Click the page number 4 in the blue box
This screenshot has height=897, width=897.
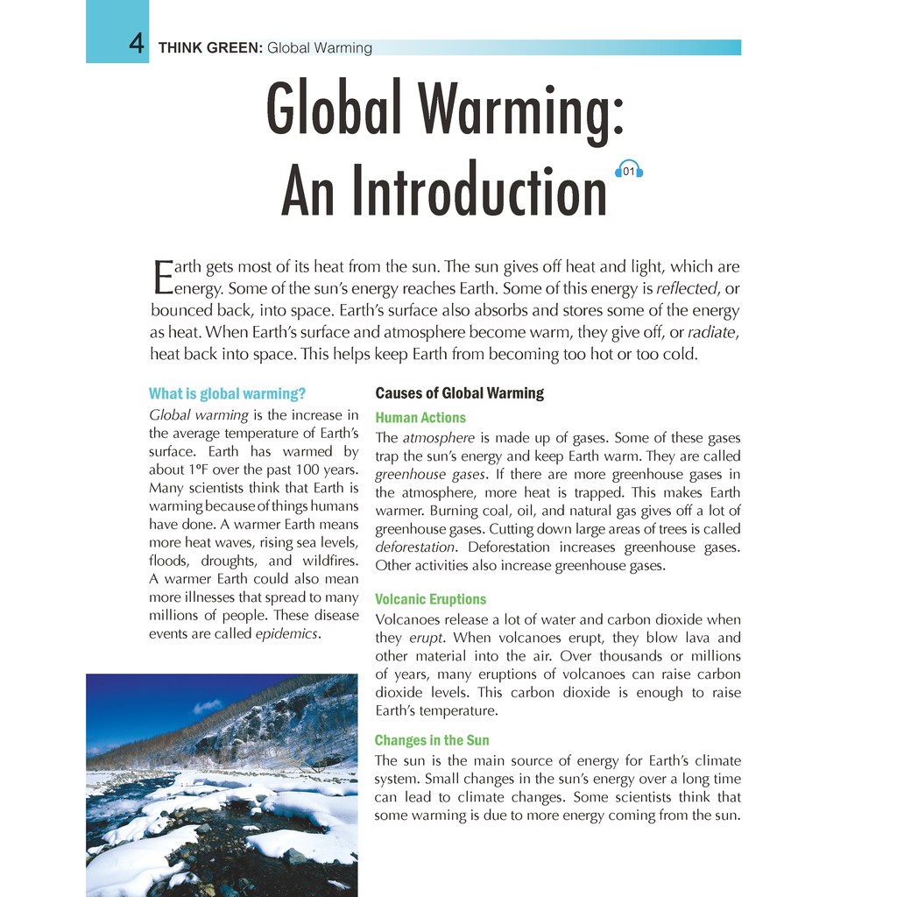(136, 44)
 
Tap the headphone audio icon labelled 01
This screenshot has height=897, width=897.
(629, 171)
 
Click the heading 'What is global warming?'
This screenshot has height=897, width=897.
(227, 393)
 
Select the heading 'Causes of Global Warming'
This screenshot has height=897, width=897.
(459, 393)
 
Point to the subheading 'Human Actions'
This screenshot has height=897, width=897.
(420, 418)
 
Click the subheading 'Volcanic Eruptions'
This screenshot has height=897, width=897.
(430, 599)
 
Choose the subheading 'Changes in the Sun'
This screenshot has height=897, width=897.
(432, 740)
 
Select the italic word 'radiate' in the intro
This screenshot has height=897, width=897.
(713, 332)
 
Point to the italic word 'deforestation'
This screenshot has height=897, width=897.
(415, 547)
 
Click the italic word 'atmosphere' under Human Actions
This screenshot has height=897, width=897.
(438, 438)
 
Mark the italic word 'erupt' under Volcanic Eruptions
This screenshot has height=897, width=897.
(427, 638)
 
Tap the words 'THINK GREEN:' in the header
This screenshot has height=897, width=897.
(210, 48)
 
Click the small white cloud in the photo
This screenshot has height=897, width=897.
(208, 705)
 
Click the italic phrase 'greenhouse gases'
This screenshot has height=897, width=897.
(429, 475)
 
